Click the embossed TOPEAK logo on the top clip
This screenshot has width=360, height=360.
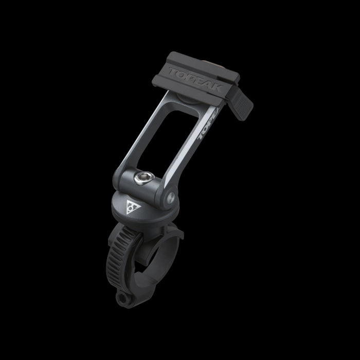pyautogui.click(x=195, y=79)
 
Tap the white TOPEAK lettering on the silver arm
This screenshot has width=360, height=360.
pyautogui.click(x=208, y=123)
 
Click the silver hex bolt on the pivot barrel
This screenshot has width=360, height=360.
pyautogui.click(x=144, y=178)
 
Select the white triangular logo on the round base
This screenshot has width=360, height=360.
pyautogui.click(x=133, y=207)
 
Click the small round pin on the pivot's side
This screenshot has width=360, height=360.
pyautogui.click(x=171, y=197)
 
